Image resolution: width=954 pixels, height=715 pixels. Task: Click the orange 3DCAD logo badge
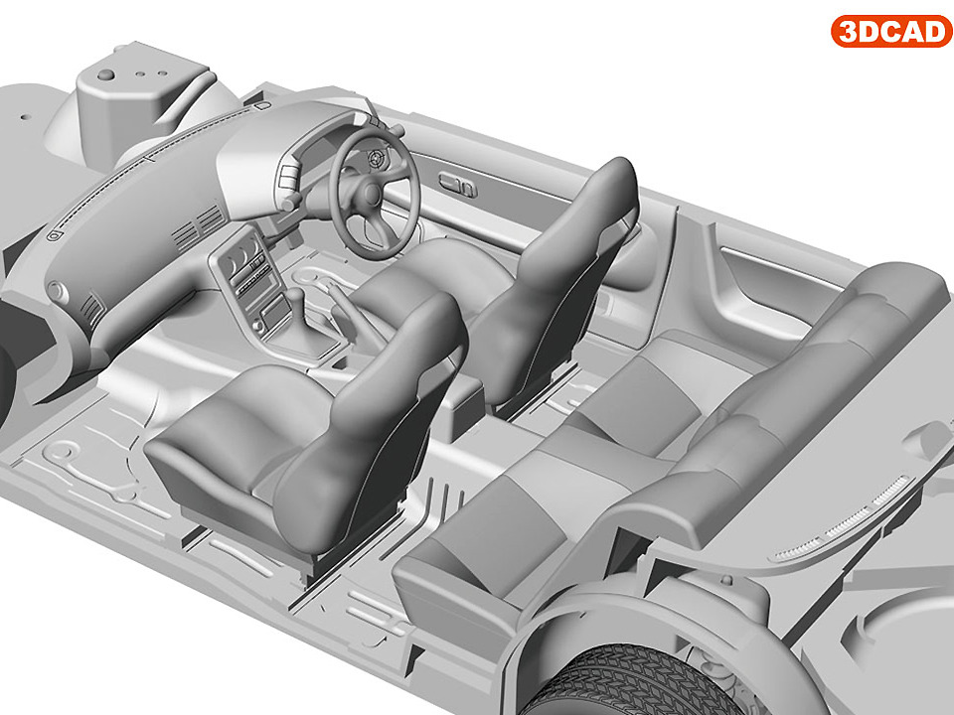pos(891,31)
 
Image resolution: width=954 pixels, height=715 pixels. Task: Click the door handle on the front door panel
pos(457,184)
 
